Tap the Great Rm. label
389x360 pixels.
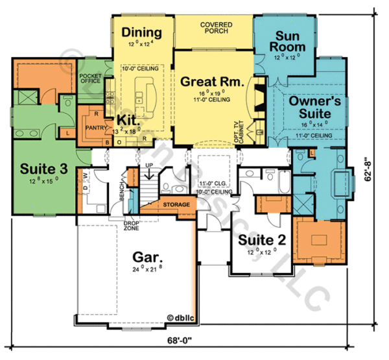(x=211, y=82)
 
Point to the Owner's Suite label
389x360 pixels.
(x=309, y=107)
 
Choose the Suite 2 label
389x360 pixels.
(x=261, y=241)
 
